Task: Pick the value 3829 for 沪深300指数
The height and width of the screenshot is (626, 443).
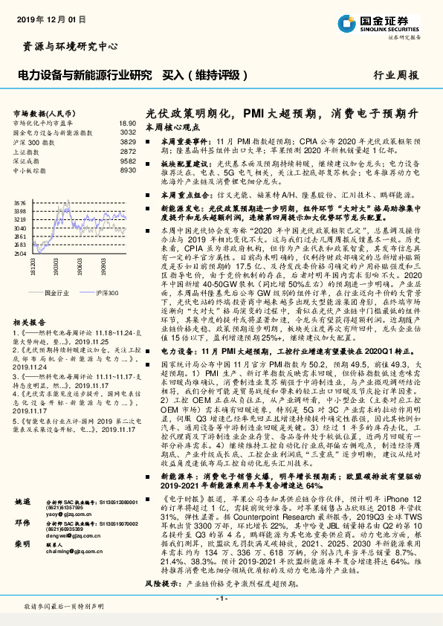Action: [x=128, y=141]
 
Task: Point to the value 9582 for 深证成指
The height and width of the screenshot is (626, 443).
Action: [x=128, y=160]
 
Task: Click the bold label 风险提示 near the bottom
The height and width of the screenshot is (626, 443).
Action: [x=161, y=584]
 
